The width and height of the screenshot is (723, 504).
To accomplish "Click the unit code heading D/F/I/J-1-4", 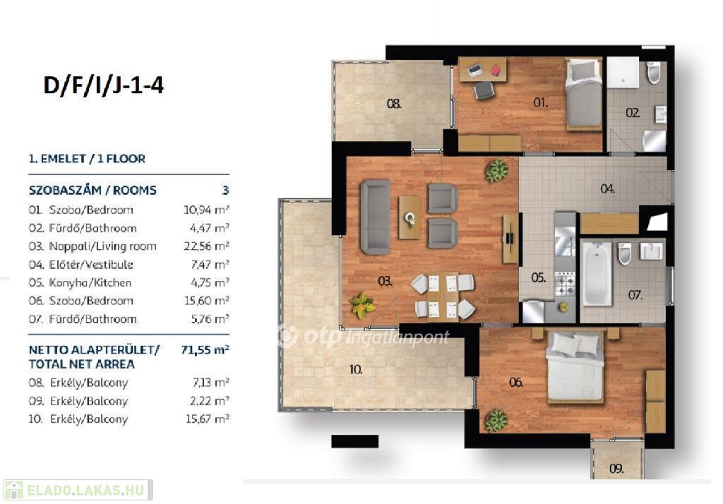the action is (x=103, y=85).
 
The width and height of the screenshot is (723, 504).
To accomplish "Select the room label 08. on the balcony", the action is (x=394, y=104).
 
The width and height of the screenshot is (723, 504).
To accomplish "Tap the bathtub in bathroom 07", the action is (x=597, y=275).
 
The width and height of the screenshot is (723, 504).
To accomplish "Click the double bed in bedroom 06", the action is (x=575, y=367).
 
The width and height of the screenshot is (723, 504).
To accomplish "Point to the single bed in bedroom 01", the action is (x=584, y=93).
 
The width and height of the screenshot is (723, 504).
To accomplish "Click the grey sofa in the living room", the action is (x=376, y=217).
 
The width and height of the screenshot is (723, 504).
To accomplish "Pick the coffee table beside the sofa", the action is (x=410, y=217).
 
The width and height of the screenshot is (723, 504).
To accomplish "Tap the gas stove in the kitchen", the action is (x=566, y=284).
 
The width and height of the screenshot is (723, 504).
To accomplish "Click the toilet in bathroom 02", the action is (x=653, y=72).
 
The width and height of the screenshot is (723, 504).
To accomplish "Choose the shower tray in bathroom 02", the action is (x=623, y=73).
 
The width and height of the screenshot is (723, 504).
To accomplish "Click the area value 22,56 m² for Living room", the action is (x=206, y=246).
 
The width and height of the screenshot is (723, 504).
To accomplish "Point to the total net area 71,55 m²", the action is (x=205, y=349).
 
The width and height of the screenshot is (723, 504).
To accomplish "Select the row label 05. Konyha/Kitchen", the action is (x=80, y=282).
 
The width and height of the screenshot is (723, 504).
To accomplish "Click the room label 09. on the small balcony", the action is (x=616, y=469).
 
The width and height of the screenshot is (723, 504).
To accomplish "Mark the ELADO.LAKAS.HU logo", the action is (x=78, y=490).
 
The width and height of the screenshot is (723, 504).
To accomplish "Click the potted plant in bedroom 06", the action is (x=496, y=421).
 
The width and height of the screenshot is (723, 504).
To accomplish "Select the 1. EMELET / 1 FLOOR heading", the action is (x=87, y=159).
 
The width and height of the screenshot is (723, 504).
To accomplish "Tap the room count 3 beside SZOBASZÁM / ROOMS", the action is (x=225, y=191).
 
